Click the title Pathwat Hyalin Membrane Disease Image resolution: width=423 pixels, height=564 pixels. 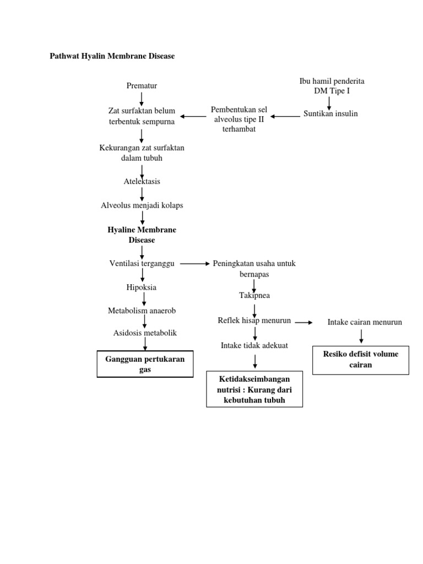pyautogui.click(x=112, y=56)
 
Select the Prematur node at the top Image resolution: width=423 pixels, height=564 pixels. pyautogui.click(x=142, y=85)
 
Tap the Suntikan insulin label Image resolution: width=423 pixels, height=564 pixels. pyautogui.click(x=330, y=114)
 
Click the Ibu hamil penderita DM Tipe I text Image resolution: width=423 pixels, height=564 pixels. pyautogui.click(x=332, y=85)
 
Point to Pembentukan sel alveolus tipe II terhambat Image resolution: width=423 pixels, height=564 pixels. pyautogui.click(x=239, y=119)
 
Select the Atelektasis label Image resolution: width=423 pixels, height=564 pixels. pyautogui.click(x=142, y=181)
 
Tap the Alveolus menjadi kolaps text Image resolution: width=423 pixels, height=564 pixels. pyautogui.click(x=142, y=205)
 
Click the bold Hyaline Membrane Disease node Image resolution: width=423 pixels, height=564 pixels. pyautogui.click(x=142, y=235)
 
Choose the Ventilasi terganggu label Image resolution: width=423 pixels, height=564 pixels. pyautogui.click(x=142, y=264)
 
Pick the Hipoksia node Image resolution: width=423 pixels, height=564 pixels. pyautogui.click(x=142, y=287)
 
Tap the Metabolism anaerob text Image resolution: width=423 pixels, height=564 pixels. pyautogui.click(x=142, y=311)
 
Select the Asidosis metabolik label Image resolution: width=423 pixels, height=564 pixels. pyautogui.click(x=145, y=333)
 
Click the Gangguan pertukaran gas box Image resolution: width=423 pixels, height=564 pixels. pyautogui.click(x=145, y=364)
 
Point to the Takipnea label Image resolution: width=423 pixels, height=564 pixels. pyautogui.click(x=254, y=296)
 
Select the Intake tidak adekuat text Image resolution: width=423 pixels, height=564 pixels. pyautogui.click(x=254, y=345)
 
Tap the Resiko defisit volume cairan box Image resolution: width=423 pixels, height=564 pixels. pyautogui.click(x=361, y=360)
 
